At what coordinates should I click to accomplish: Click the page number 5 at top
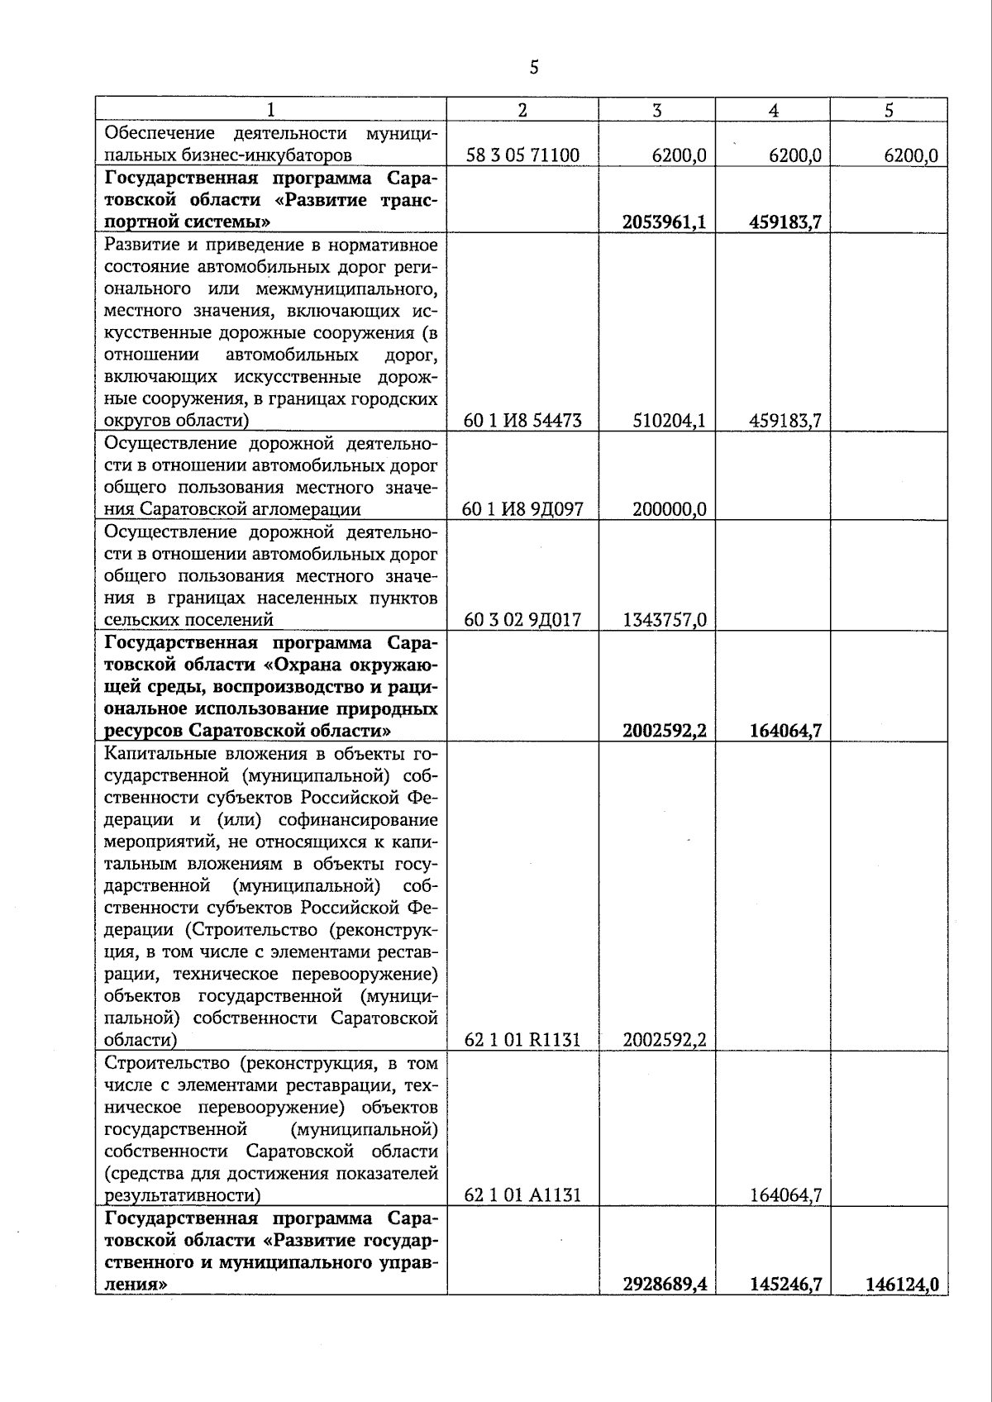pos(534,67)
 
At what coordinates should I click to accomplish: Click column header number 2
pos(522,110)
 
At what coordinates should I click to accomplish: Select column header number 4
pos(773,110)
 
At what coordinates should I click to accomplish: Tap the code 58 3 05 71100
pos(522,155)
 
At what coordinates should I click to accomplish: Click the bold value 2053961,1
pos(664,222)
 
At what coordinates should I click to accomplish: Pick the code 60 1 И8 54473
pos(522,421)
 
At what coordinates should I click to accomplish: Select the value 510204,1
pos(669,421)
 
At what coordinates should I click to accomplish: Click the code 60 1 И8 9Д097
pos(522,509)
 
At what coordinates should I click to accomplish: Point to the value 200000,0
pos(669,509)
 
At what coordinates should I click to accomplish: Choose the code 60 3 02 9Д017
pos(522,620)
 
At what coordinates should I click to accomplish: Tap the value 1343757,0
pos(665,620)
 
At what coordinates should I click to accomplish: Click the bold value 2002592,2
pos(664,731)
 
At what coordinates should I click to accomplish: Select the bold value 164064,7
pos(785,731)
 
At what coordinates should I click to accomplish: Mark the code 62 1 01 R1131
pos(522,1040)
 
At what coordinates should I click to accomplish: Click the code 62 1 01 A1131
pos(522,1195)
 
